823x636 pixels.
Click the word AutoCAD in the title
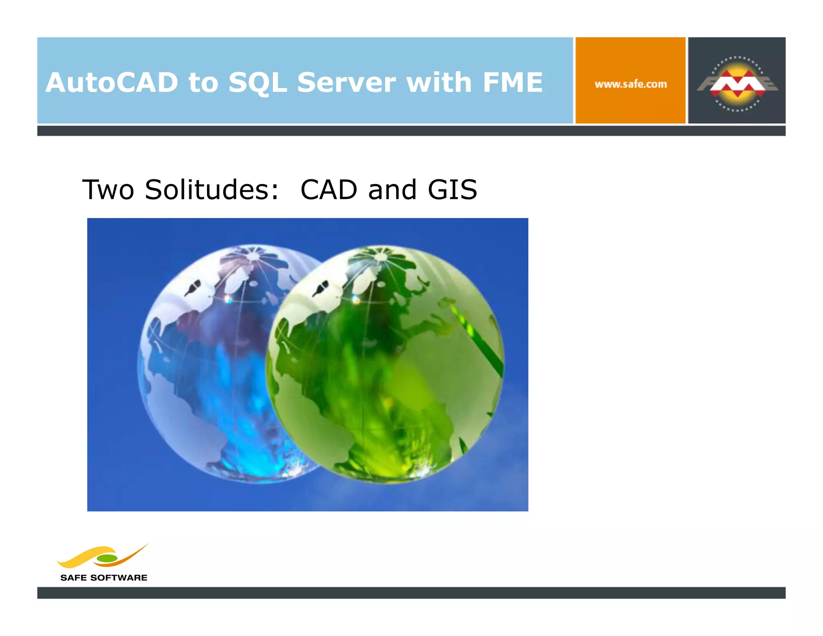[x=112, y=82]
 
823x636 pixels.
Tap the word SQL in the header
[x=257, y=82]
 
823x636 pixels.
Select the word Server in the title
[x=346, y=82]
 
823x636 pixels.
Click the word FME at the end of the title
[x=512, y=82]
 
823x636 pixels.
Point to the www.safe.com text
[x=631, y=84]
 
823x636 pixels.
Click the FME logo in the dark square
[x=737, y=83]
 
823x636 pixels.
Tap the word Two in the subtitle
[x=108, y=190]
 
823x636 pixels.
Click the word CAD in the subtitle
[x=329, y=190]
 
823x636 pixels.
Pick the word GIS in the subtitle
[x=452, y=190]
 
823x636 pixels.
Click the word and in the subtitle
[x=392, y=190]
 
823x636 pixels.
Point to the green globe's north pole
[x=380, y=254]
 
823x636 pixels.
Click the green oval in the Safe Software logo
[x=107, y=558]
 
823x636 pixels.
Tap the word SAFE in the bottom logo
[x=73, y=578]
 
